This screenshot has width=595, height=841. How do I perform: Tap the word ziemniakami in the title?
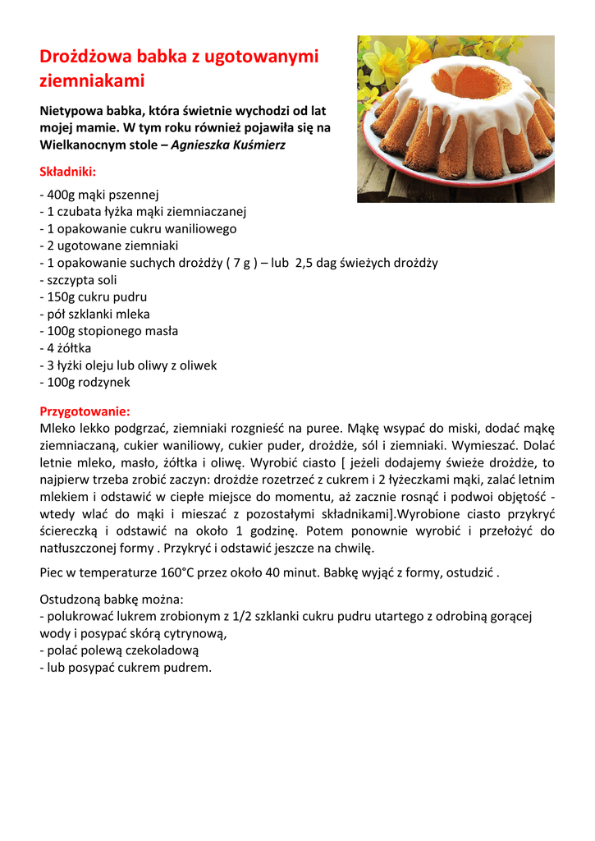click(92, 80)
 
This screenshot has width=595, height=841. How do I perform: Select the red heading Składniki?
click(68, 172)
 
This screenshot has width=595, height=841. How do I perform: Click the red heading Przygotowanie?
click(85, 411)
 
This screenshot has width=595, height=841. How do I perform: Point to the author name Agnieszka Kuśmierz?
click(228, 145)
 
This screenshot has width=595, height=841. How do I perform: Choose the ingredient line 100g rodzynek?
click(85, 382)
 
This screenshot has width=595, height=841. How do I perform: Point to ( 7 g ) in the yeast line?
click(233, 263)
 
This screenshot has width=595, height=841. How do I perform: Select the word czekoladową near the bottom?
click(159, 650)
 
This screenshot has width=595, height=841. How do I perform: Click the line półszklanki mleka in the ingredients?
click(95, 314)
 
